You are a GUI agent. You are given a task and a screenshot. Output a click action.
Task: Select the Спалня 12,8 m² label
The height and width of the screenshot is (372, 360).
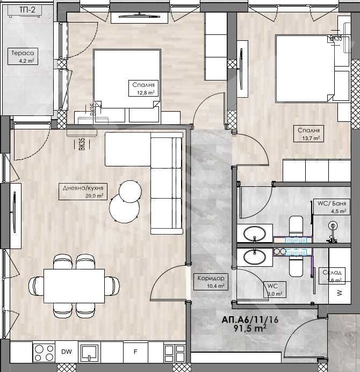tap(143, 88)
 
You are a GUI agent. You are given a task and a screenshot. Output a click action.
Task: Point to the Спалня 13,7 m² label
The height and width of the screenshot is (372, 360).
tap(309, 134)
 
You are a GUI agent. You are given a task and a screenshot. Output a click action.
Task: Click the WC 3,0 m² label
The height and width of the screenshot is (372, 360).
tap(272, 290)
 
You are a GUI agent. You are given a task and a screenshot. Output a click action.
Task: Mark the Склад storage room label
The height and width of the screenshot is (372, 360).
tap(332, 275)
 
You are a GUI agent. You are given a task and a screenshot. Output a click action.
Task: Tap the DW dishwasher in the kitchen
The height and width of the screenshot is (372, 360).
tap(66, 352)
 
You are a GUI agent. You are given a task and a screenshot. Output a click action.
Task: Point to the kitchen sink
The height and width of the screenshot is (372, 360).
tap(89, 353)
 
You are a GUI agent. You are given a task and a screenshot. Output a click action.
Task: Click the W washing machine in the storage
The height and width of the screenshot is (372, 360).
tap(339, 293)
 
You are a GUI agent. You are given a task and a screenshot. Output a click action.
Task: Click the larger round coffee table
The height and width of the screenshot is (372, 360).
tap(124, 208)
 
